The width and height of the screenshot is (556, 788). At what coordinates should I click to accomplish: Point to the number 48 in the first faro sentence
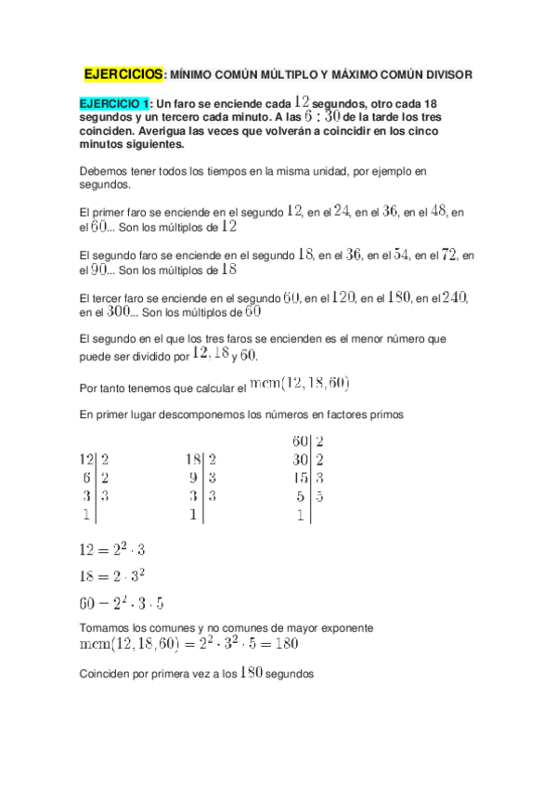(x=434, y=211)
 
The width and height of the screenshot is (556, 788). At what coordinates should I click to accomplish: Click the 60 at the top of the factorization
(x=300, y=441)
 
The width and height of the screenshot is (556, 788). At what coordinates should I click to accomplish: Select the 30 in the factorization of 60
(x=300, y=459)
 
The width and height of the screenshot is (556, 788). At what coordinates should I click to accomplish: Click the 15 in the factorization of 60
(x=300, y=478)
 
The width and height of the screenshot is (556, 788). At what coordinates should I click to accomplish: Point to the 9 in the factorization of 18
(x=193, y=478)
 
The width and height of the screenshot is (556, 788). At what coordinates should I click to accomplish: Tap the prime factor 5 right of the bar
(x=319, y=496)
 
